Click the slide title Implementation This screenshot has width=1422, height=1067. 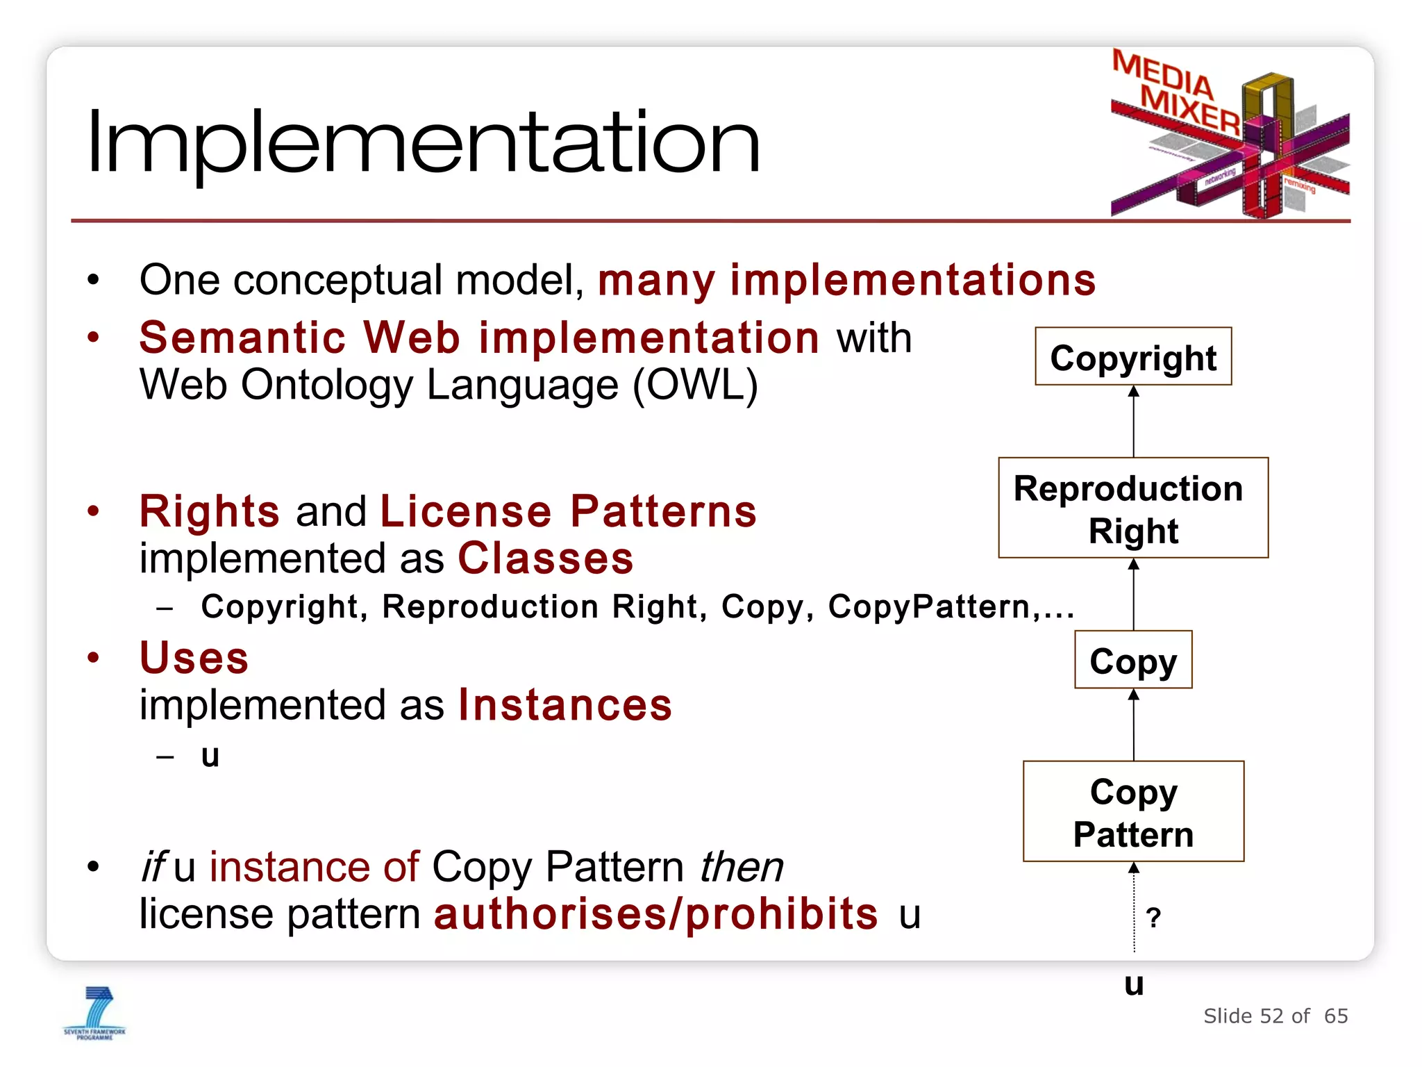(424, 142)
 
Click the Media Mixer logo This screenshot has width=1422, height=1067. (1229, 135)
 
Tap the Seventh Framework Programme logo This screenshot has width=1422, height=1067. (95, 1014)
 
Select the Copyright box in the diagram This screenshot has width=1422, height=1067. (1133, 356)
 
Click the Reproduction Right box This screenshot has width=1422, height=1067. (1133, 508)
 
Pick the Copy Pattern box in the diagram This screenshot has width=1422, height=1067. (1133, 811)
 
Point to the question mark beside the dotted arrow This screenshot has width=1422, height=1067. (1153, 918)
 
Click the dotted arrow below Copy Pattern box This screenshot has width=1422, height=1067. (1134, 910)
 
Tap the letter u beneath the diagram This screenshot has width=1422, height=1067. (1134, 984)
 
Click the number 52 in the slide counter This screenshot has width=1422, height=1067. (1271, 1016)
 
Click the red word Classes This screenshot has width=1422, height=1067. (546, 559)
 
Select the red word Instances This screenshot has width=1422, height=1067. (565, 705)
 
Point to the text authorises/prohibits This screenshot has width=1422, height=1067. (655, 913)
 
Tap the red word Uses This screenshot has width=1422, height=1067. (194, 657)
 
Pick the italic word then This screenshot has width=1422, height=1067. (741, 867)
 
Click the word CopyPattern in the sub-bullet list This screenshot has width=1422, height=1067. (929, 606)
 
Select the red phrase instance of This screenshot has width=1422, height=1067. (314, 867)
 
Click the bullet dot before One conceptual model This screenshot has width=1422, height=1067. (94, 280)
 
